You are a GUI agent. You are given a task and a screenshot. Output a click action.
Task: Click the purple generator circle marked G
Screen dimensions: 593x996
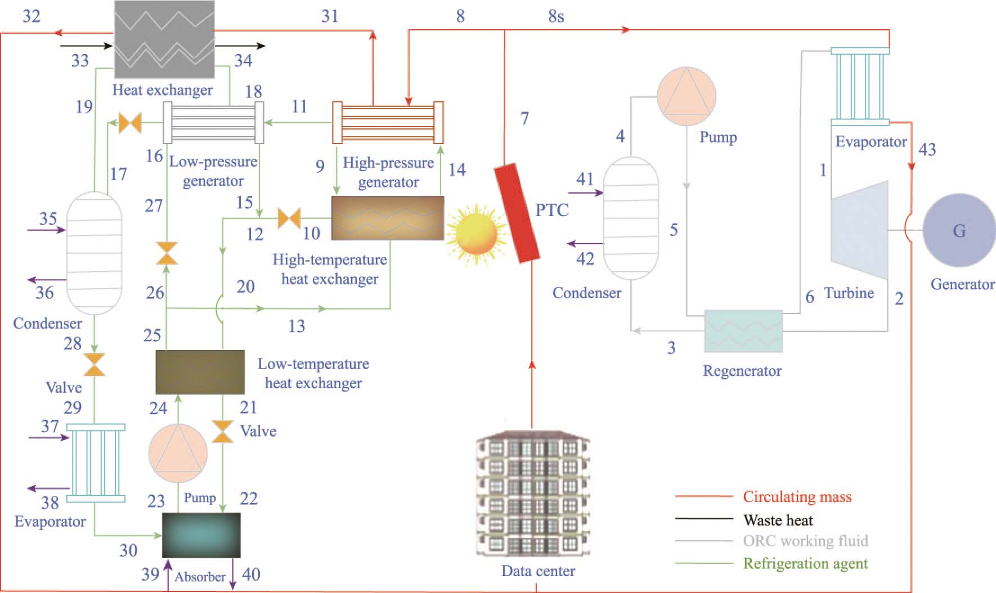tap(959, 231)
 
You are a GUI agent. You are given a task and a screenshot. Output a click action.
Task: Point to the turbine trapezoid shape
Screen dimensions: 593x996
tap(859, 230)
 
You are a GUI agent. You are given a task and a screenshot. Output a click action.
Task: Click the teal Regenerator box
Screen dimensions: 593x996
tap(743, 331)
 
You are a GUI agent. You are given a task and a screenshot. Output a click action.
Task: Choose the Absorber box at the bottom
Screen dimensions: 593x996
tap(201, 534)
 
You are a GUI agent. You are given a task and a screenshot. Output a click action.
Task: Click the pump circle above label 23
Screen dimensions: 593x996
tap(178, 453)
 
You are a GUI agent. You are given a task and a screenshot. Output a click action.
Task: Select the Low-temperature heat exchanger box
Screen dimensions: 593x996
tap(200, 372)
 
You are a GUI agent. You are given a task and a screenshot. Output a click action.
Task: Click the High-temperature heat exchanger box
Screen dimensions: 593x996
tap(387, 218)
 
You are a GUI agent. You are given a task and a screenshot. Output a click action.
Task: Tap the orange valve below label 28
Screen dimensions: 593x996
tap(94, 365)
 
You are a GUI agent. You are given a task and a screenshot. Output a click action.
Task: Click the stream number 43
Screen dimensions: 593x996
tap(927, 150)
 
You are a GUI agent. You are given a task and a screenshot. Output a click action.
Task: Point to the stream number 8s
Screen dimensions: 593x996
tap(556, 17)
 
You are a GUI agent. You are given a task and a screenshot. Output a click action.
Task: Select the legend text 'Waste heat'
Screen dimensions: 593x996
tap(778, 520)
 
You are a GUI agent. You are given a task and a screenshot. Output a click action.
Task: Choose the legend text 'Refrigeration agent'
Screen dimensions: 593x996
tap(805, 563)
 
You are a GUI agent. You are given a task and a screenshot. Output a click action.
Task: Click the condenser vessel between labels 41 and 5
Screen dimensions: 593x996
tap(631, 218)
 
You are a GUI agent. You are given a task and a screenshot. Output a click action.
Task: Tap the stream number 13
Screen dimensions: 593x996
tap(297, 326)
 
